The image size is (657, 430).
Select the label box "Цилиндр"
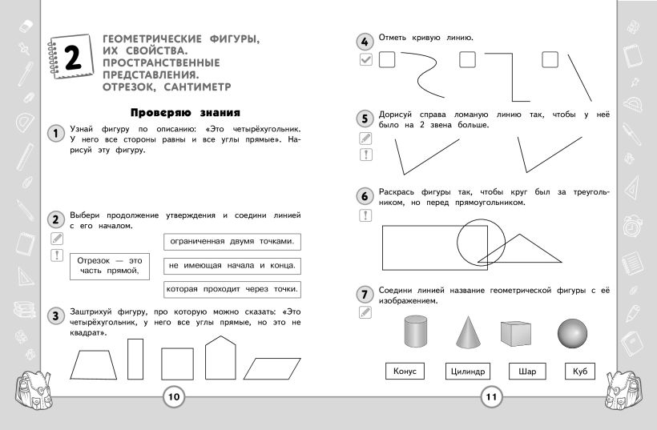click(467, 372)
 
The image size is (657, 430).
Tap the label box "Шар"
click(527, 372)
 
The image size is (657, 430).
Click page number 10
click(174, 396)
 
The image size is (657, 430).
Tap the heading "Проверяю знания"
click(185, 113)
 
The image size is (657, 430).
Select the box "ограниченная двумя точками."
click(232, 241)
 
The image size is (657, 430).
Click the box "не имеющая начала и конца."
click(232, 265)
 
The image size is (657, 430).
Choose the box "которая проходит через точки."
click(232, 289)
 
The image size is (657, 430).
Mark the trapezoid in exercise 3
click(96, 365)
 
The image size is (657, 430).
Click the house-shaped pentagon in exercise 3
click(220, 358)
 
